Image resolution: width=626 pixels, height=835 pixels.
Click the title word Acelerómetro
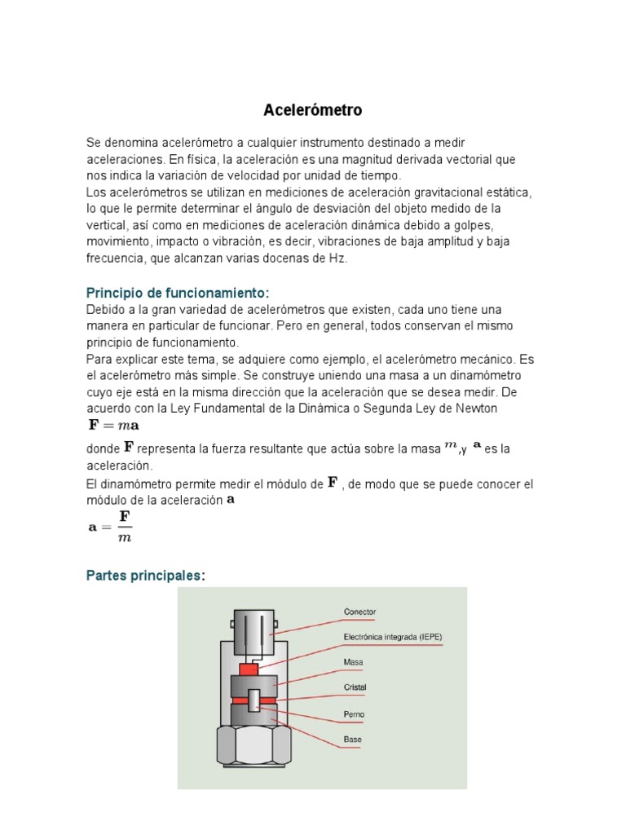(x=313, y=109)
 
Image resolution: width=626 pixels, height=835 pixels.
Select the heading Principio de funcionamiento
(x=177, y=293)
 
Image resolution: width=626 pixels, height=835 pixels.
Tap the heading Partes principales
(x=146, y=576)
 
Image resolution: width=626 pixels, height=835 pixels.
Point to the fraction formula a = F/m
(x=110, y=526)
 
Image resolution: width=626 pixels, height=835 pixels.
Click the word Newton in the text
(x=477, y=408)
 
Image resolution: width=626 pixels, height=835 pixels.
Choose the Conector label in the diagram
(x=360, y=612)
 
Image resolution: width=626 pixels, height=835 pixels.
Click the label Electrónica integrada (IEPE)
(x=393, y=637)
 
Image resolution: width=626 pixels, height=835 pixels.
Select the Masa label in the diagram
(x=354, y=663)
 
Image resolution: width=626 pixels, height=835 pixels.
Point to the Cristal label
(x=355, y=687)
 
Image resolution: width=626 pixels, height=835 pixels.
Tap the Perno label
(x=354, y=714)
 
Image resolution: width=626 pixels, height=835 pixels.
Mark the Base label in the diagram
(x=352, y=740)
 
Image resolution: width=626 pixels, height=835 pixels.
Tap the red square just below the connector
(x=248, y=668)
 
